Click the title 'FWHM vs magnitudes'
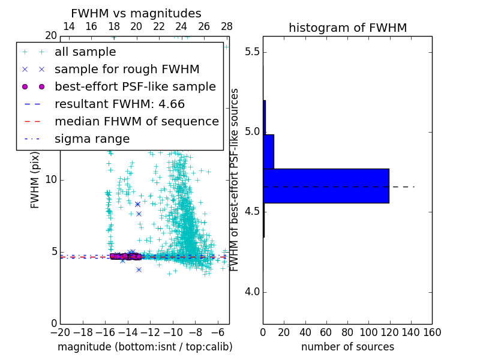click(136, 13)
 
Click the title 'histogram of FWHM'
click(347, 28)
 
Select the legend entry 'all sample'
click(85, 52)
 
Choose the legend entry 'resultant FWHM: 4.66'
click(119, 104)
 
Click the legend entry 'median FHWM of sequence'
click(136, 122)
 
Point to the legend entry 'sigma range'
click(92, 139)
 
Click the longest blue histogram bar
click(326, 186)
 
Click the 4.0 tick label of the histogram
click(251, 292)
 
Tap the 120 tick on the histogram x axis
click(389, 332)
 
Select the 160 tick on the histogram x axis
click(431, 332)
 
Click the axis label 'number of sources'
click(347, 347)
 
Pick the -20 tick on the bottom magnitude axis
click(60, 332)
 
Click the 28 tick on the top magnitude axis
click(226, 26)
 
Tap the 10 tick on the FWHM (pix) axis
click(51, 180)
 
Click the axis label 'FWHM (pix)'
click(35, 180)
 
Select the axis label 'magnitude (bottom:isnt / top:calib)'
click(145, 347)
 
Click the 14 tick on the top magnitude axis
click(69, 26)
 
